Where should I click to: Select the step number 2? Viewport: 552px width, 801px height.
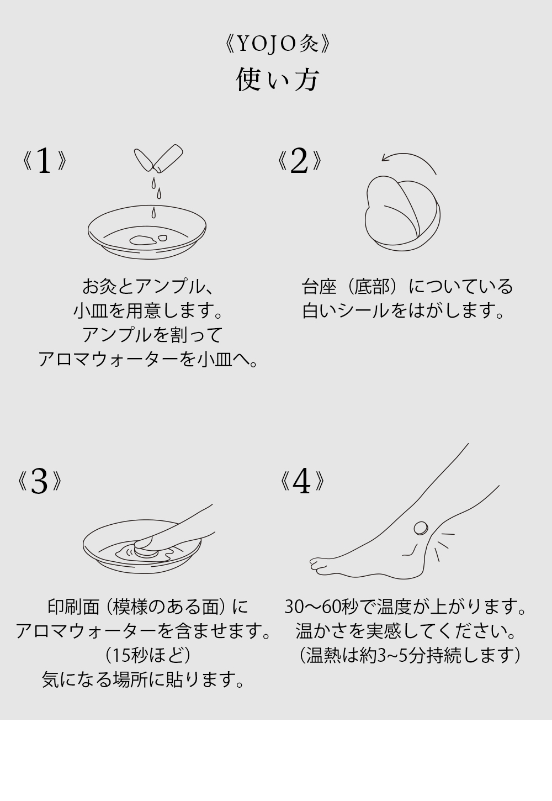[299, 161]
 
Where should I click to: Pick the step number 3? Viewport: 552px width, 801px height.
[39, 481]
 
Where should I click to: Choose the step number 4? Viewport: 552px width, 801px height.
[302, 481]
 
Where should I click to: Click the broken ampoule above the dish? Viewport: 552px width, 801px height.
[158, 157]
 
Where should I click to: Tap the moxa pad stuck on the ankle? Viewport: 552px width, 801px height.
[421, 528]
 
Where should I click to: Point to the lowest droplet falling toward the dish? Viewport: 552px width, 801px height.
[153, 212]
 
